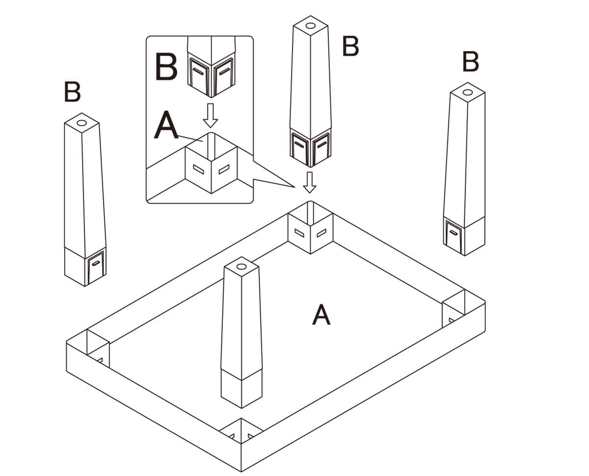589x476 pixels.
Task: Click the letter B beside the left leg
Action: click(x=72, y=92)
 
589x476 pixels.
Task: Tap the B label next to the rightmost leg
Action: click(x=470, y=62)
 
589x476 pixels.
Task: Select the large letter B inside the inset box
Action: click(x=166, y=68)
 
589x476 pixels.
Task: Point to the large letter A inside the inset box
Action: click(x=166, y=126)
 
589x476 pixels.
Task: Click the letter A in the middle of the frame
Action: click(x=321, y=315)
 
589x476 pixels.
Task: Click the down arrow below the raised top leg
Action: click(x=309, y=182)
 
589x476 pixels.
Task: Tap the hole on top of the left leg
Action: click(x=82, y=123)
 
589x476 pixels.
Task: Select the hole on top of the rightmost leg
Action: click(x=468, y=92)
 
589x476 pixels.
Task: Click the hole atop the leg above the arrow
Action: click(x=310, y=25)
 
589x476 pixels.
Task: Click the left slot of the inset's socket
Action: click(x=199, y=170)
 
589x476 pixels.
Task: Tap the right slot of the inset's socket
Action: click(x=224, y=170)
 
